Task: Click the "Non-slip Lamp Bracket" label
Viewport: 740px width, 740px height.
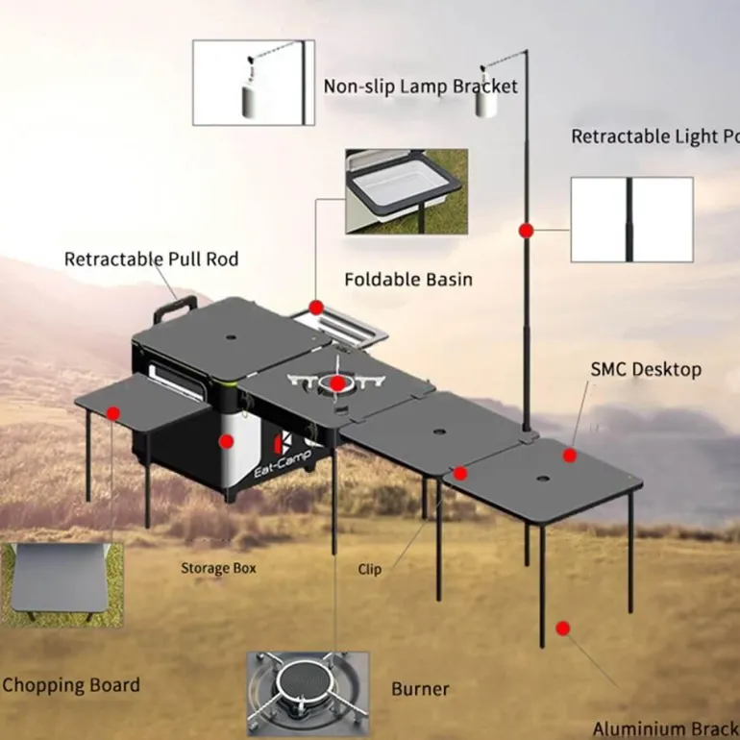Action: (420, 86)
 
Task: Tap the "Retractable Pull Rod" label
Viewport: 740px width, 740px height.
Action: (151, 259)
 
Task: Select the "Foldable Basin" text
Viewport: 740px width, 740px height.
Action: (408, 280)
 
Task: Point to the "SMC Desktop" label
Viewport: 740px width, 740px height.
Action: (646, 369)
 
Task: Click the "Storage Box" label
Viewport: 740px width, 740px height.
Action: (218, 568)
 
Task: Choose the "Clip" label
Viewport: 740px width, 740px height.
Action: (370, 569)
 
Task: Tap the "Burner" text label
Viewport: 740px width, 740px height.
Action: (420, 689)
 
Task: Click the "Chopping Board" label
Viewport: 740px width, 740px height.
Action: (70, 685)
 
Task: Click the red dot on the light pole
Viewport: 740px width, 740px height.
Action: (526, 231)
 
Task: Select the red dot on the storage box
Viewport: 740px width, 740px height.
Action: (227, 441)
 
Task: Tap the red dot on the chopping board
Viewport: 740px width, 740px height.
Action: (113, 413)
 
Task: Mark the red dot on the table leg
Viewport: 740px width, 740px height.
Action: (563, 629)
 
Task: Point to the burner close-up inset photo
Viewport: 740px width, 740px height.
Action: (308, 694)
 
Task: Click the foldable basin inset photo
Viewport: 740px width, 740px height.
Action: (406, 191)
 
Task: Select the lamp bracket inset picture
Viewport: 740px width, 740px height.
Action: (254, 83)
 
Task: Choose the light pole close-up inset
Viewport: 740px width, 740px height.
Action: (631, 219)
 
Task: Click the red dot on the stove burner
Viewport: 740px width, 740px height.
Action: (337, 383)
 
